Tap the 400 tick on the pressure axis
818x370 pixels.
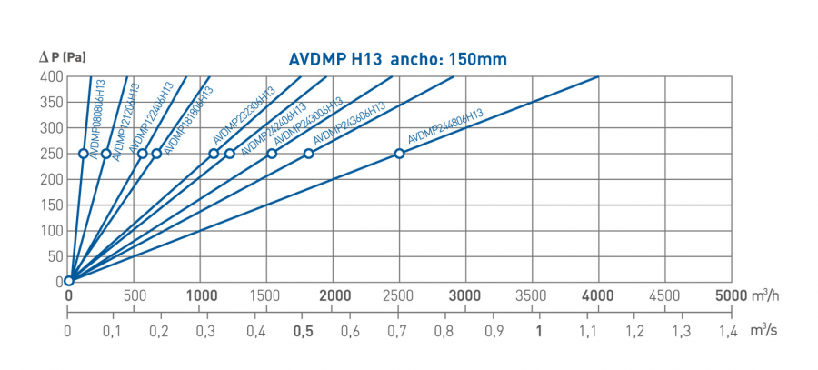(x=52, y=77)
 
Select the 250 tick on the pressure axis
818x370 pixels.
(x=52, y=154)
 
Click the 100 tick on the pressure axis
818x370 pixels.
(x=52, y=230)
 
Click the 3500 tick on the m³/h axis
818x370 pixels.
(x=532, y=295)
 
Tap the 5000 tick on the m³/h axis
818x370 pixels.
(x=730, y=295)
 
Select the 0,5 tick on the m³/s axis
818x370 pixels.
(x=304, y=332)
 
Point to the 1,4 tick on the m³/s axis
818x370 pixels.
(x=728, y=332)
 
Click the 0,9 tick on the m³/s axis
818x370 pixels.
(x=493, y=332)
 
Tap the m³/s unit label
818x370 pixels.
(x=763, y=331)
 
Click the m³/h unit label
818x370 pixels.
(x=767, y=295)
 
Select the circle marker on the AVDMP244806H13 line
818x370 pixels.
(x=399, y=154)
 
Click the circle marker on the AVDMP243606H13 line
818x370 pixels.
(x=308, y=154)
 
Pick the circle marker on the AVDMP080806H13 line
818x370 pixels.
(x=84, y=154)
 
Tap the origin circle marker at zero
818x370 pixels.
(x=68, y=280)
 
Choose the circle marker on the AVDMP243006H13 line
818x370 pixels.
(x=272, y=154)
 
